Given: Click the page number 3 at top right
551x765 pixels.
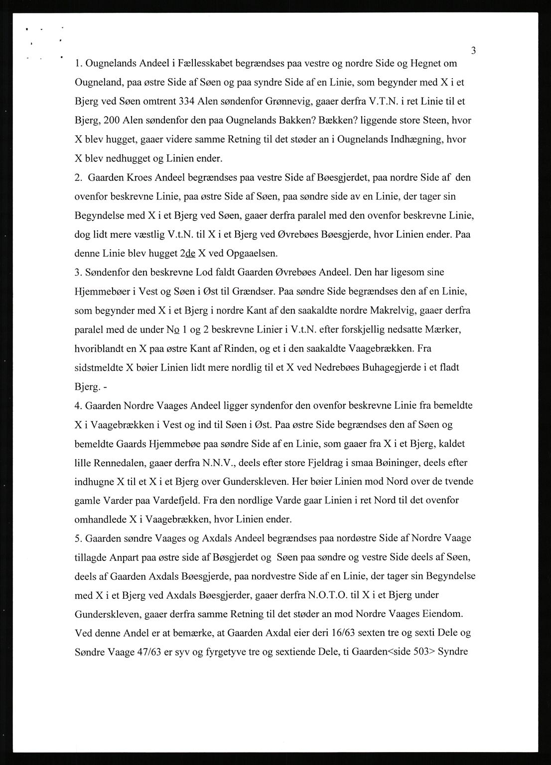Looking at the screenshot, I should click(x=473, y=51).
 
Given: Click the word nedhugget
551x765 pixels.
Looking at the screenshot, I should click(x=120, y=159).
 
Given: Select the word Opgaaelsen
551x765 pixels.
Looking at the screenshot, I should click(x=252, y=253).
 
